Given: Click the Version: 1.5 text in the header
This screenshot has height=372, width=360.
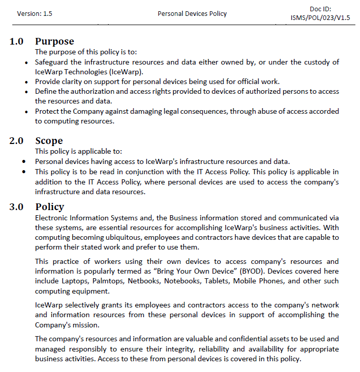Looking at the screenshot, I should point(34,14).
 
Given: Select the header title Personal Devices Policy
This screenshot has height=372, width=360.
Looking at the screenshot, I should point(192,14).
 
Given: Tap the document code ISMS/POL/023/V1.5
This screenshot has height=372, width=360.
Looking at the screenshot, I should point(320,18).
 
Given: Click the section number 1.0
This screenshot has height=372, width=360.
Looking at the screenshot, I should point(16,42).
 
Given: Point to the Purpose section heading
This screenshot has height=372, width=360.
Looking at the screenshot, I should point(54,42).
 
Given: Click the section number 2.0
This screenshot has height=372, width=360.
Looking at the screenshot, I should point(16,141).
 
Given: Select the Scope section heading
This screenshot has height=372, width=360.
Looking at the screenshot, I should point(49,141).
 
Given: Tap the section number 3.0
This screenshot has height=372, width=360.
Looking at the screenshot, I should point(16,207).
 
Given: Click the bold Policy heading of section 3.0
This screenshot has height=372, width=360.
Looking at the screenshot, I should point(50,207).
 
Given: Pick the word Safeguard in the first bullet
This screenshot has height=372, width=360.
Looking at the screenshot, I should point(52,62).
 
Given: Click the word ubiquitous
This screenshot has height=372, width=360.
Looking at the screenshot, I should point(115,237).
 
